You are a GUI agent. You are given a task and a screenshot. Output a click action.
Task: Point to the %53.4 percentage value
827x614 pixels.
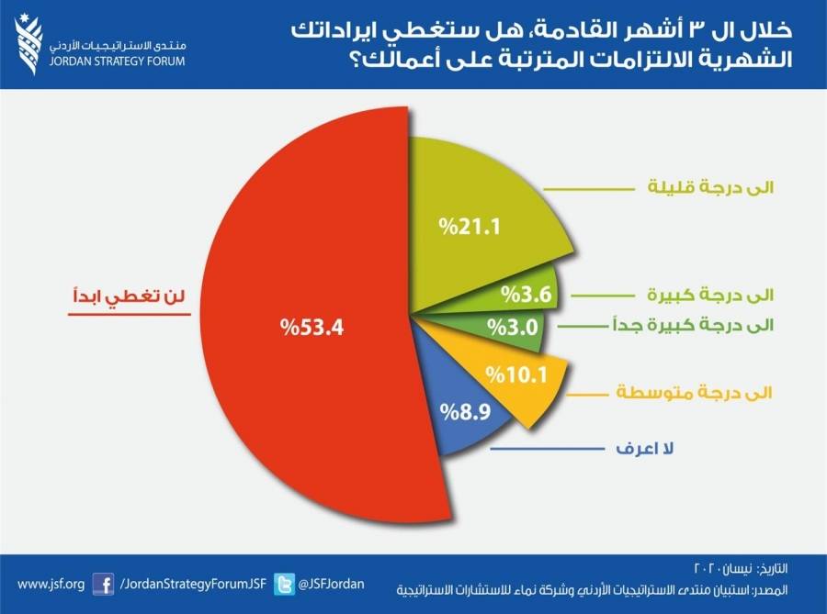point(312,325)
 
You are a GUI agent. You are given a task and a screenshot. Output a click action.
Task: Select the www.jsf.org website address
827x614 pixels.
point(51,584)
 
